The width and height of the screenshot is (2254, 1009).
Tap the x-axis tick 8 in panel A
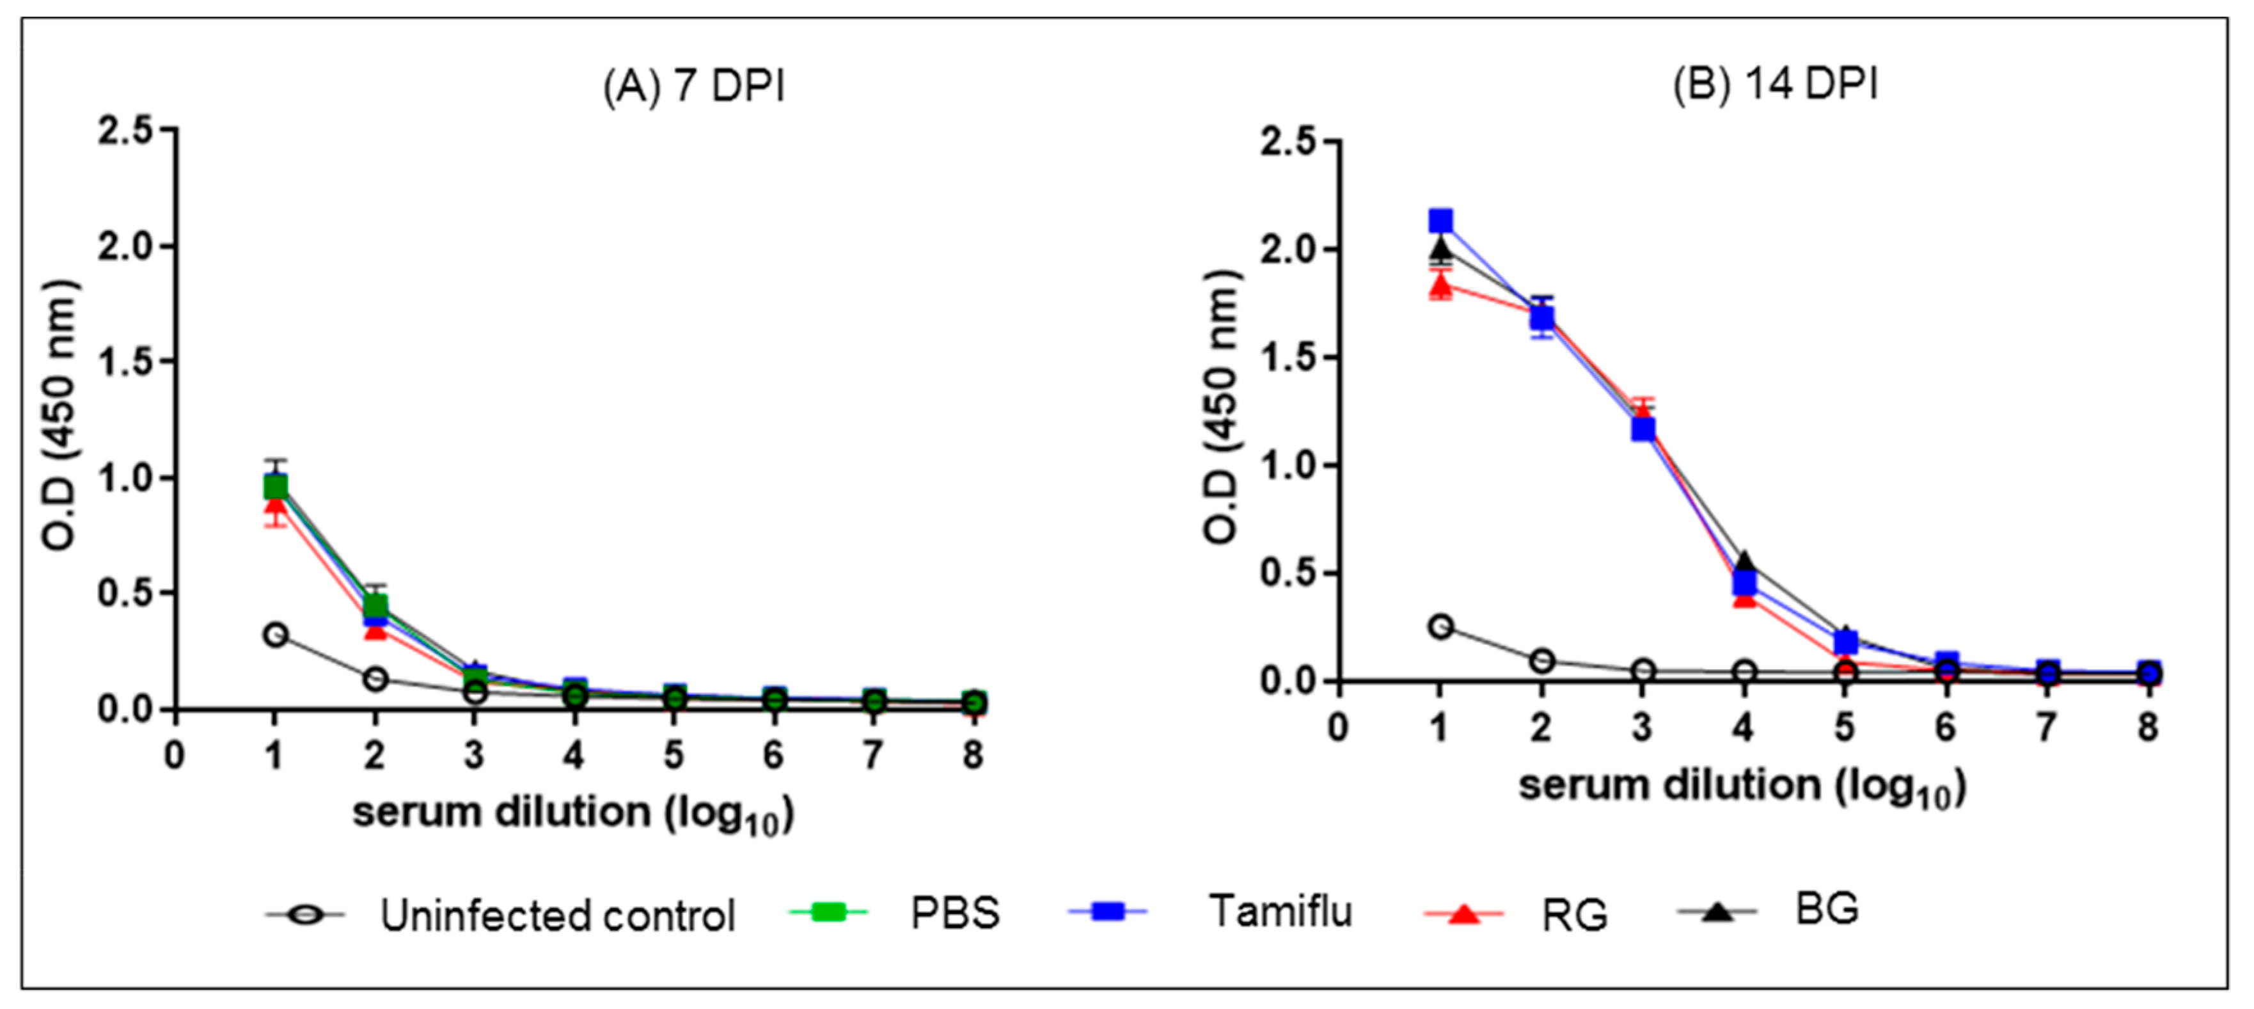pos(973,754)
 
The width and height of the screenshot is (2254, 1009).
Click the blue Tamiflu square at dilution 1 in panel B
pos(1440,221)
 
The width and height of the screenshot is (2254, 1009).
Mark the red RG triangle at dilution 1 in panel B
pos(1440,285)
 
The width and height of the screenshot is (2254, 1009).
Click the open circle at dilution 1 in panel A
pos(276,635)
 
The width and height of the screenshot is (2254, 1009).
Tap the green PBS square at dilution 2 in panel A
pos(375,605)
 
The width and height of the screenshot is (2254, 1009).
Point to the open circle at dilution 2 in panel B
pos(1541,661)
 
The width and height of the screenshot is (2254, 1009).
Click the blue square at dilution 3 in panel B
pos(1643,429)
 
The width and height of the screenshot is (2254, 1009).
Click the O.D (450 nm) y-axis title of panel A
pos(61,416)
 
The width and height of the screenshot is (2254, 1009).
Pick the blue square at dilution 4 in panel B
pos(1744,583)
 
